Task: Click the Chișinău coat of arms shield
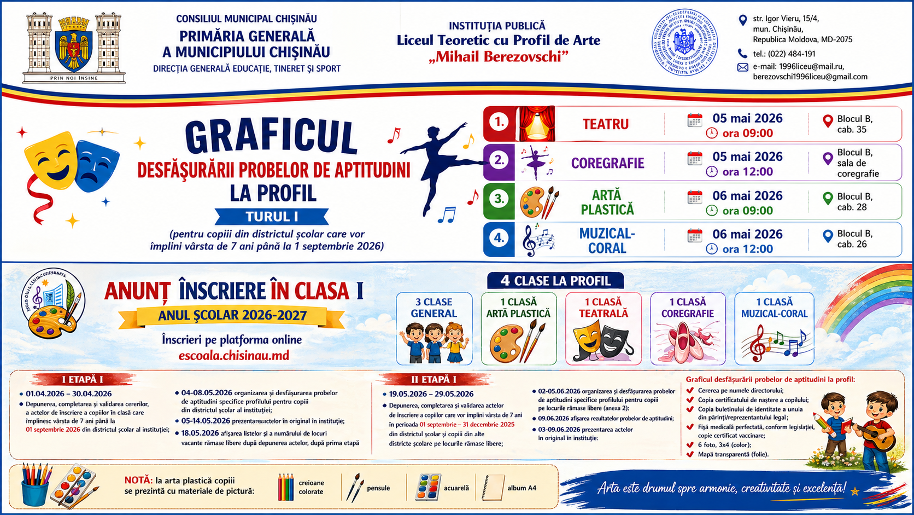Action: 74,51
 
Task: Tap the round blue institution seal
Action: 684,42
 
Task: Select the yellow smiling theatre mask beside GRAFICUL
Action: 51,161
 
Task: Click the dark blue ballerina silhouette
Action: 440,164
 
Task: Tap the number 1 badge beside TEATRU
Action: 499,123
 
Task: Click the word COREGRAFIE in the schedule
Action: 607,163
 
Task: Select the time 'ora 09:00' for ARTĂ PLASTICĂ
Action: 747,211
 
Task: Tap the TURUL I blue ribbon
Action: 272,217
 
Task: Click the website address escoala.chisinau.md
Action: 233,355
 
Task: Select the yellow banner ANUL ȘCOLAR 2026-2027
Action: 232,315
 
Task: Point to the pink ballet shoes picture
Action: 687,343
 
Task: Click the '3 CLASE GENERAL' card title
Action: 433,308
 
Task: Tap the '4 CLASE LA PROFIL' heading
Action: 555,281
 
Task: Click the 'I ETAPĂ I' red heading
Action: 82,379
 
